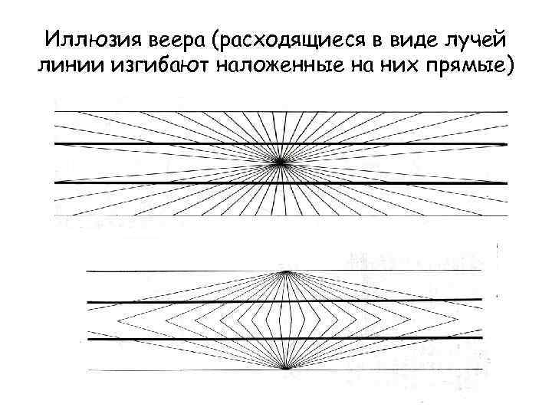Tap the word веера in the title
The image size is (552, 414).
171,39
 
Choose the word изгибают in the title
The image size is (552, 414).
159,67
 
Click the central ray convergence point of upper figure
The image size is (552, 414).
281,162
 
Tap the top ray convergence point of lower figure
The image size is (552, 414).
286,271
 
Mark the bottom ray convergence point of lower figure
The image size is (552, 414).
286,368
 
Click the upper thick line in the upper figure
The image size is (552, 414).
153,143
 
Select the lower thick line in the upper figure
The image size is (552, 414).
153,182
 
